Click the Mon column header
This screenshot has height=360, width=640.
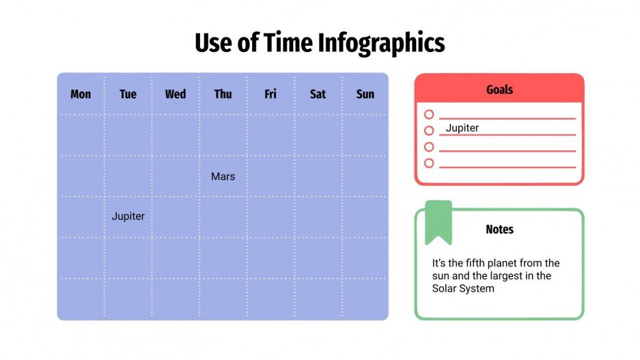pyautogui.click(x=81, y=94)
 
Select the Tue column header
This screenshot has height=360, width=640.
pyautogui.click(x=128, y=94)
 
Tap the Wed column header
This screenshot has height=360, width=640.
pyautogui.click(x=176, y=94)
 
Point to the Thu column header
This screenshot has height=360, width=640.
pyautogui.click(x=223, y=94)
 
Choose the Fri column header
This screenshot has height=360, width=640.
pyautogui.click(x=270, y=94)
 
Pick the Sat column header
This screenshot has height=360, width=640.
pyautogui.click(x=318, y=94)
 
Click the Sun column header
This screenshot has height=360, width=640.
pyautogui.click(x=365, y=94)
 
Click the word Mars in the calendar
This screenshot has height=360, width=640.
pyautogui.click(x=223, y=176)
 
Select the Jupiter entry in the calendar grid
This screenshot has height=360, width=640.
pyautogui.click(x=128, y=217)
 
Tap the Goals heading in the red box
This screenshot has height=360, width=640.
pyautogui.click(x=499, y=89)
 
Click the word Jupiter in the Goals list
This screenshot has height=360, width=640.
pyautogui.click(x=462, y=128)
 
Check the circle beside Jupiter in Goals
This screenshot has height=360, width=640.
pyautogui.click(x=429, y=130)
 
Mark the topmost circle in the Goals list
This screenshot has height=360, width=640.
pyautogui.click(x=429, y=115)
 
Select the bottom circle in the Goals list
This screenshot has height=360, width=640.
pyautogui.click(x=429, y=163)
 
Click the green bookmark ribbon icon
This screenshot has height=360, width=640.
pyautogui.click(x=439, y=221)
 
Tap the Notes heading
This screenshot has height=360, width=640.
pyautogui.click(x=499, y=230)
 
